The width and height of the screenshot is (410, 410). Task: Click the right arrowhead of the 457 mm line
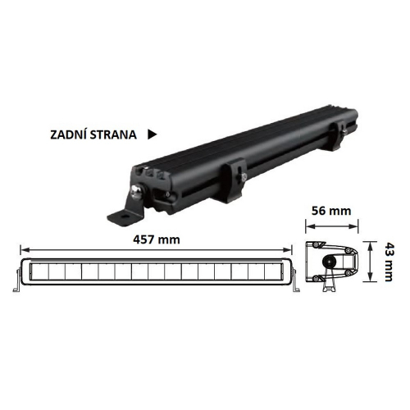290,248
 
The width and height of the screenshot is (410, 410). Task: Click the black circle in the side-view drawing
328,262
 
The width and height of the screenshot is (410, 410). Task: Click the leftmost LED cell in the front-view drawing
38,271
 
